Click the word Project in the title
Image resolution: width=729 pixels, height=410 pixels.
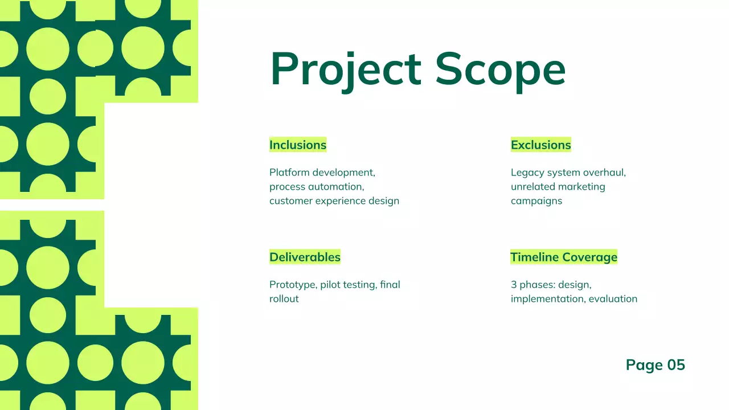coord(345,69)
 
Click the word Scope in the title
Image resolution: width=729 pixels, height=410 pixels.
coord(500,69)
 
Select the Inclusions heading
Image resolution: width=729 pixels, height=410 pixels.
coord(298,145)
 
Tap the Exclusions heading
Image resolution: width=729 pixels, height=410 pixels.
coord(540,145)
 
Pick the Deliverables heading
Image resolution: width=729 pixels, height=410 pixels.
coord(305,257)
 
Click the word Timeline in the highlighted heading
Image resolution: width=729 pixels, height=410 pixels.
coord(534,257)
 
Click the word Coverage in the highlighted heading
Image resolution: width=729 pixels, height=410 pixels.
coord(589,257)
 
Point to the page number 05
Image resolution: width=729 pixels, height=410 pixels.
coord(676,365)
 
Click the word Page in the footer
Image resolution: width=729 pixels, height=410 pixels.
coord(644,365)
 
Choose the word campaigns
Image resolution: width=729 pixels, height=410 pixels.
coord(536,200)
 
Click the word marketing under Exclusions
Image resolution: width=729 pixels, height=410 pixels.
coord(581,186)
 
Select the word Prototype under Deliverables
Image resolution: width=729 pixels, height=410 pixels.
coord(293,284)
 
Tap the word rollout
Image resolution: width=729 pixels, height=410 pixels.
coord(284,298)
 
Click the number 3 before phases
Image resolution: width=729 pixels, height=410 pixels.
coord(514,284)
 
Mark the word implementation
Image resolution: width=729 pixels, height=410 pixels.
coord(547,298)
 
